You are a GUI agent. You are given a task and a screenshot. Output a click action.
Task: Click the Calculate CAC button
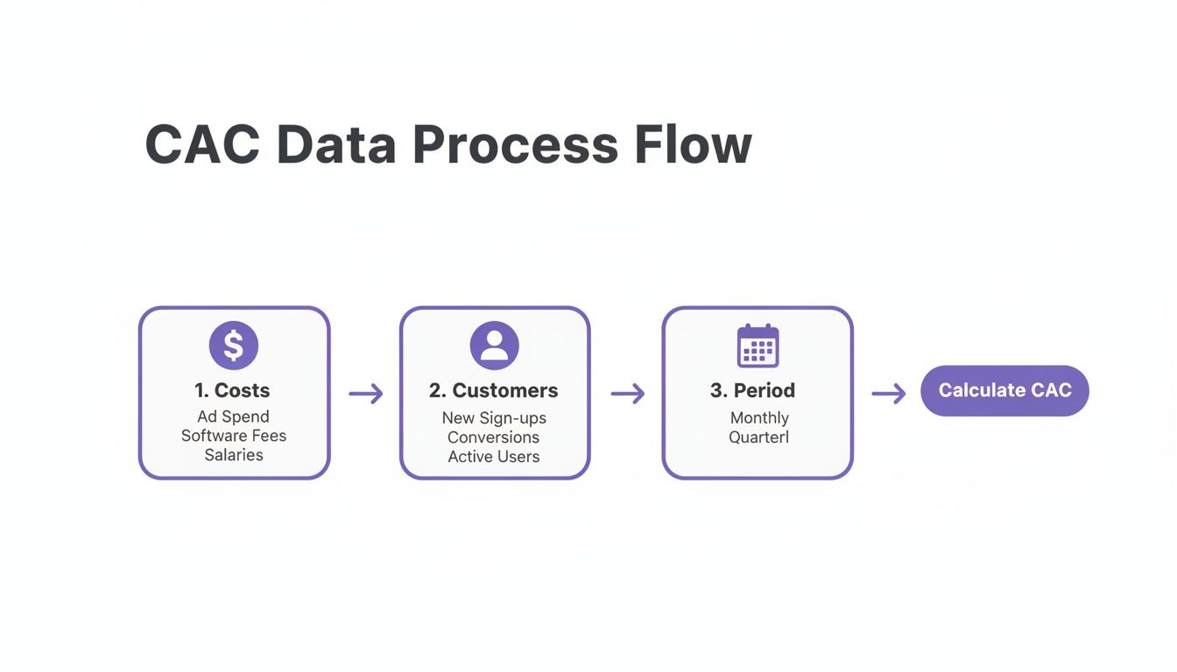click(x=1004, y=390)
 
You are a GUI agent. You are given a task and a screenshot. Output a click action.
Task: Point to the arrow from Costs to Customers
click(x=365, y=394)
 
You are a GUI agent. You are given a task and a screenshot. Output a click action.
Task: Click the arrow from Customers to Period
click(x=627, y=394)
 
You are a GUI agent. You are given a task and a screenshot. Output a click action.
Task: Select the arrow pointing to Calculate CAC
click(x=888, y=394)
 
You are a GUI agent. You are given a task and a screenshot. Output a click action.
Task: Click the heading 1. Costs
click(x=233, y=390)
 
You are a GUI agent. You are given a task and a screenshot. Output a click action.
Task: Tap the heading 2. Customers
click(x=494, y=390)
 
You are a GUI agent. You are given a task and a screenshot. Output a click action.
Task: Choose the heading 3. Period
click(x=752, y=390)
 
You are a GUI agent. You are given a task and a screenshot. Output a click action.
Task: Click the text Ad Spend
click(x=234, y=416)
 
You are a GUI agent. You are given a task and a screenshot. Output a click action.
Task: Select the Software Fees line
click(x=234, y=436)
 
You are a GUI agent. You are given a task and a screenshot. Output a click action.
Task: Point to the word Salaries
click(x=234, y=455)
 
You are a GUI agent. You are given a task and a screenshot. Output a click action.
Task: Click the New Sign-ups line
click(x=494, y=418)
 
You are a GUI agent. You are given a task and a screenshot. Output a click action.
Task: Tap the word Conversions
click(x=494, y=437)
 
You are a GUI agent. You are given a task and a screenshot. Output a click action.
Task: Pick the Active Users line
click(x=494, y=457)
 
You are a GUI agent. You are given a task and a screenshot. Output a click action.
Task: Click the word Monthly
click(x=759, y=418)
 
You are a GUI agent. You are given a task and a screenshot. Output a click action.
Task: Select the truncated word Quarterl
click(x=758, y=437)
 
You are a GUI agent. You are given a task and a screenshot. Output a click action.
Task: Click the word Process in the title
click(x=515, y=145)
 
